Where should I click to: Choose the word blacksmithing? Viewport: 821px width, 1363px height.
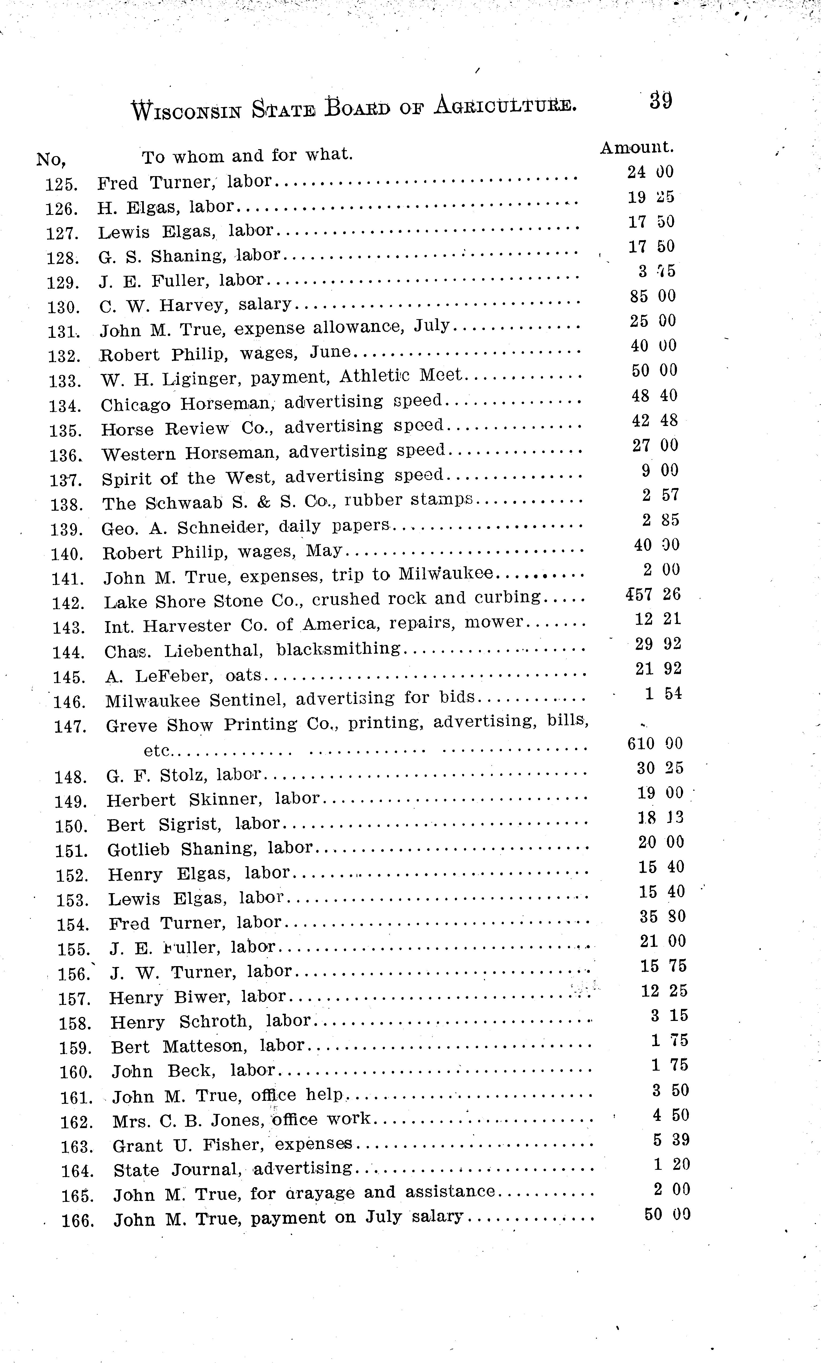[x=338, y=648]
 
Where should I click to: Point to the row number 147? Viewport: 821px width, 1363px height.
[x=70, y=726]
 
